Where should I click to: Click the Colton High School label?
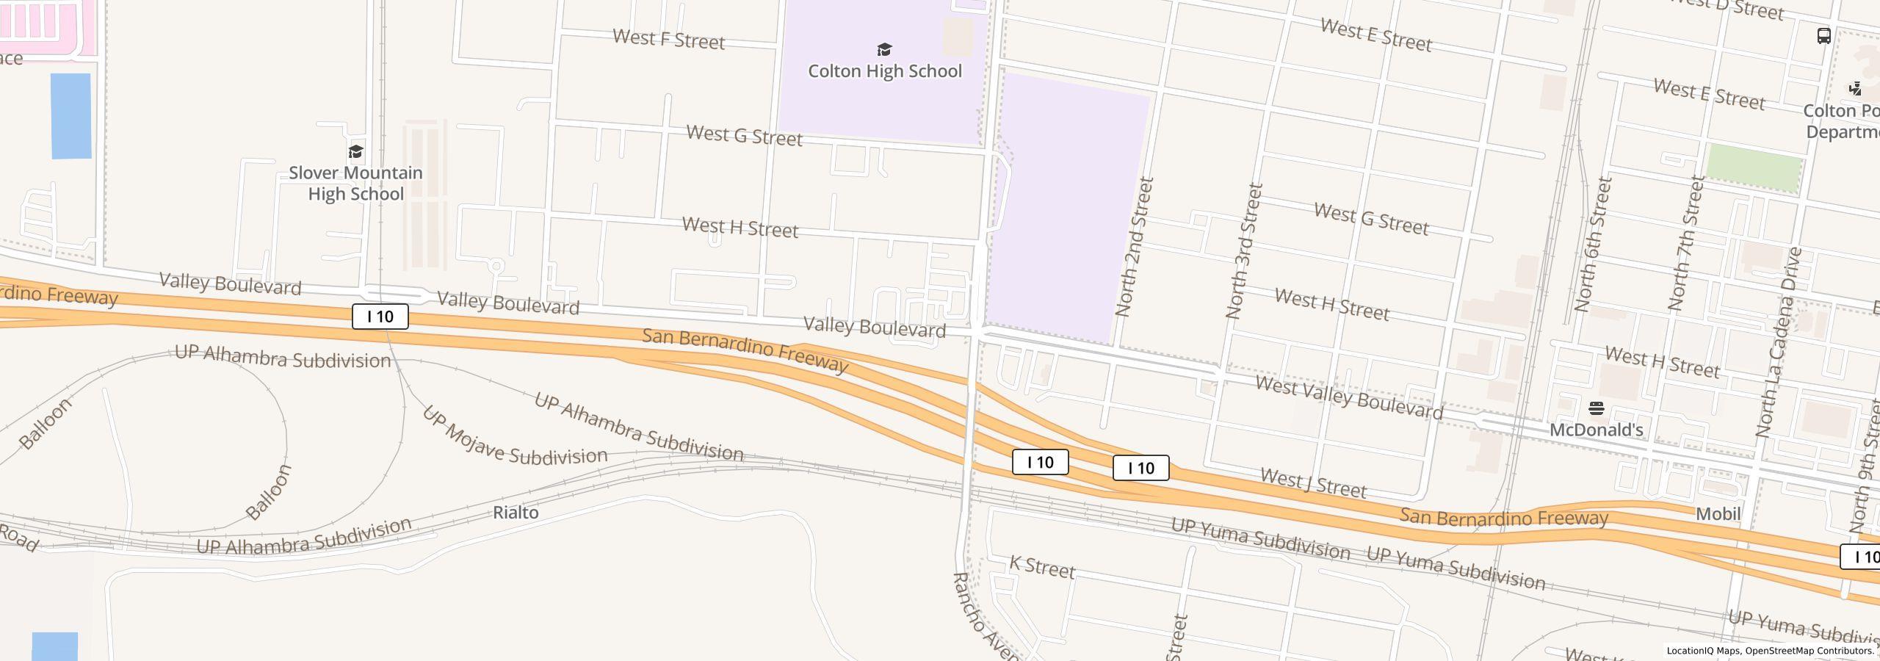885,71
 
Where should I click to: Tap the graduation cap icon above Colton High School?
885,50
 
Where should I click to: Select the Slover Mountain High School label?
355,184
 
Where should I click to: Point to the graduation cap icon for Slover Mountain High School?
356,152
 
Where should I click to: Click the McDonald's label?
1596,430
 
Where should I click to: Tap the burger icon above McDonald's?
1596,408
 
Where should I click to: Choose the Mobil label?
1718,514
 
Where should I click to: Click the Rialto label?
516,513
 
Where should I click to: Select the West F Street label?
668,40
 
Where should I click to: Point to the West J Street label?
1313,483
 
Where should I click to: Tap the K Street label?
1042,567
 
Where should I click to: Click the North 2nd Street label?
1135,247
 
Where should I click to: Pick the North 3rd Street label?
1244,251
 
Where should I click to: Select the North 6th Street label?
1594,244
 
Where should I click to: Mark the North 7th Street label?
1686,242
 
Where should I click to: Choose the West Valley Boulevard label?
1349,397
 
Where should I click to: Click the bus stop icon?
1823,36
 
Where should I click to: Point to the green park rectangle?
1754,167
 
